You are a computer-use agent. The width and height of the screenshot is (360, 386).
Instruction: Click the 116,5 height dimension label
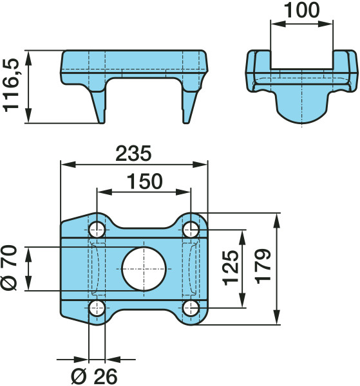pos(11,86)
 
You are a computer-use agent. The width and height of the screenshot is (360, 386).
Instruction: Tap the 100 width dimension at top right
pos(301,10)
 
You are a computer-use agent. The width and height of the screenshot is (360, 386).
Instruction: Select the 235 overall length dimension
pos(133,153)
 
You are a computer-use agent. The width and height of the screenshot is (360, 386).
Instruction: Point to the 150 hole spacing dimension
pos(145,181)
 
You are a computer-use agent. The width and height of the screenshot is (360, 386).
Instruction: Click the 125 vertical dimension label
pos(231,268)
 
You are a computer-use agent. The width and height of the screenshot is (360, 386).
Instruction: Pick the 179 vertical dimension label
pos(263,266)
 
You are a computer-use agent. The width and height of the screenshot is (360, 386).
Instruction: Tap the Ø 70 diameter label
pos(9,268)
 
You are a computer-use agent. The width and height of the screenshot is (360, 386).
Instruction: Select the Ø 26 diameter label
pos(94,376)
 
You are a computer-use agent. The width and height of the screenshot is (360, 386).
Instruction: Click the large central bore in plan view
pos(144,269)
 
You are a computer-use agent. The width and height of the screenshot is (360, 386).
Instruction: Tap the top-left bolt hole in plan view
pos(97,230)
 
